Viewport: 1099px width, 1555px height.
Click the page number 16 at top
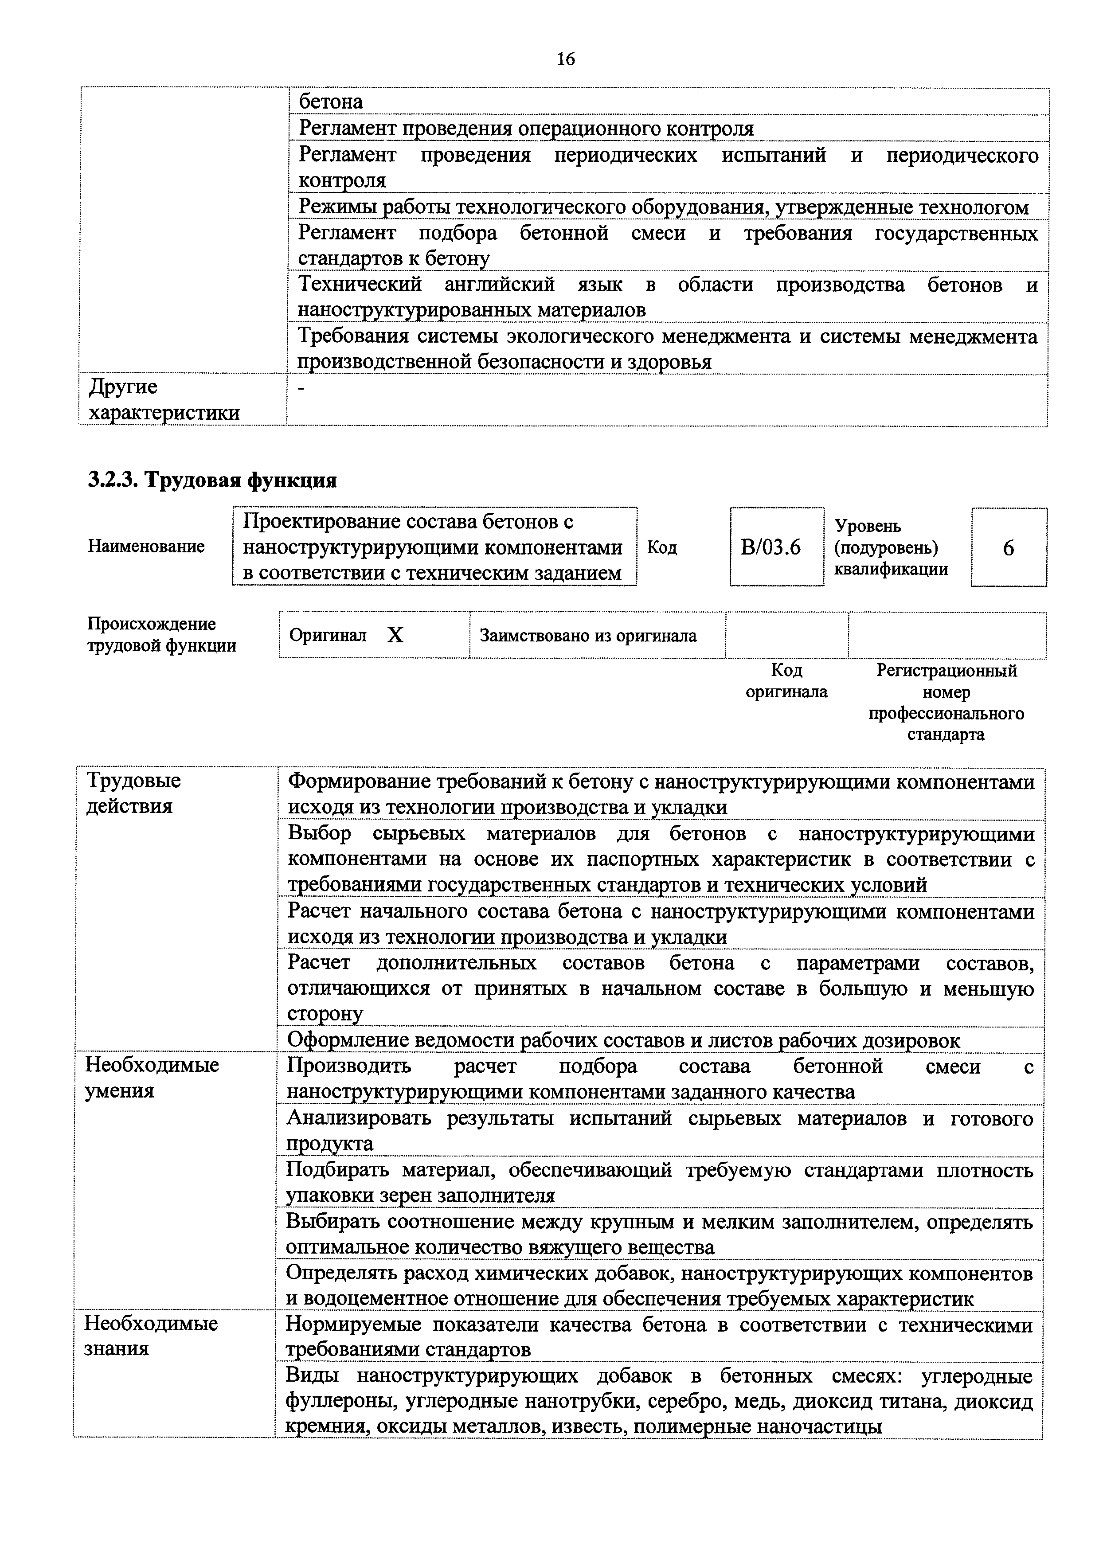(x=565, y=59)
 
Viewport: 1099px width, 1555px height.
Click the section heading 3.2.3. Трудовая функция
(x=212, y=480)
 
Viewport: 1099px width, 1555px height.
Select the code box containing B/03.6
(x=776, y=547)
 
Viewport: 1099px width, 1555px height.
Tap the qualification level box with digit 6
(x=1008, y=547)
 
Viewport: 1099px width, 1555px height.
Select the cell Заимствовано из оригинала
(x=588, y=635)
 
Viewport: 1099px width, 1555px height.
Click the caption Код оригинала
(x=786, y=681)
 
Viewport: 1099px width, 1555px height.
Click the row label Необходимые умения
(x=151, y=1078)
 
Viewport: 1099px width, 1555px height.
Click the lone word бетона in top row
(x=331, y=102)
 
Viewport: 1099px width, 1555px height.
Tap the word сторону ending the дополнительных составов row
(x=325, y=1014)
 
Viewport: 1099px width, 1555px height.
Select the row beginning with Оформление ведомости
(x=623, y=1040)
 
